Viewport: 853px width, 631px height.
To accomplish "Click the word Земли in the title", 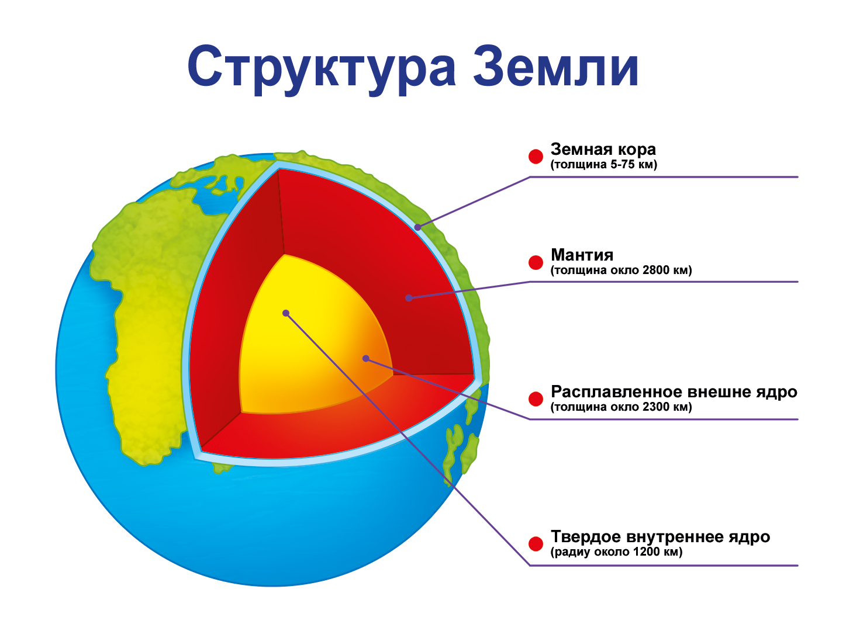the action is click(556, 65).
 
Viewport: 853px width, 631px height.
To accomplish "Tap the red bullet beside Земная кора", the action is click(536, 157).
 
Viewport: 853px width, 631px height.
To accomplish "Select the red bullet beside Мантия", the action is click(536, 262).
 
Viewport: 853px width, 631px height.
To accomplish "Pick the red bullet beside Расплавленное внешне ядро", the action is click(536, 399).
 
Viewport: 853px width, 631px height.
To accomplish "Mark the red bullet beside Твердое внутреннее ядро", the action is click(536, 544).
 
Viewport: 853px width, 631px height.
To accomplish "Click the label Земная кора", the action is click(603, 150).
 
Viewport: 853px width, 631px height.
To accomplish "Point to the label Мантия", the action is click(582, 255).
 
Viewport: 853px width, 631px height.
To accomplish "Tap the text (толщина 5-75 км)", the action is click(603, 165).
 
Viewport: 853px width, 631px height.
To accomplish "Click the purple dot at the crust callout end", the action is click(417, 227).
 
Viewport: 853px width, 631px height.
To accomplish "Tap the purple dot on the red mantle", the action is click(409, 298).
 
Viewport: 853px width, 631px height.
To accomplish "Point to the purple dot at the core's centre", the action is click(286, 313).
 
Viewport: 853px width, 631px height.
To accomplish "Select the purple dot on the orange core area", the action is click(366, 359).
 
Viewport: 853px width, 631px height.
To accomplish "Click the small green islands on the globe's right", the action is click(461, 450).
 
